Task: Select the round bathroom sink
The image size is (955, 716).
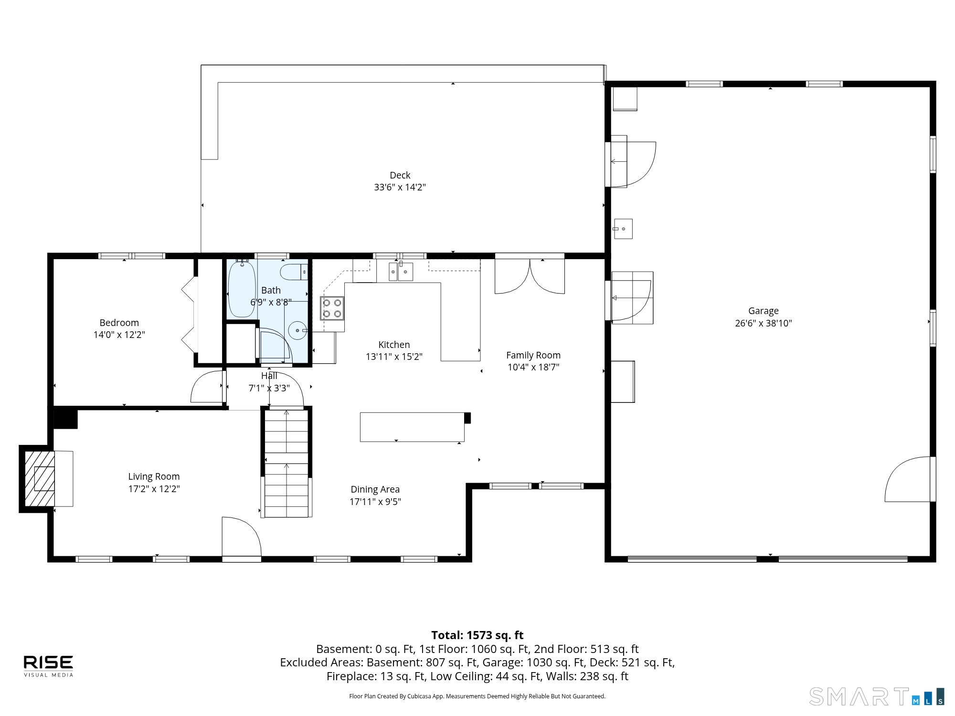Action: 298,330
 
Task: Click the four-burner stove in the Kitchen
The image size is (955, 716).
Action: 332,308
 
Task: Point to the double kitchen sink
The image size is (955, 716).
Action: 401,272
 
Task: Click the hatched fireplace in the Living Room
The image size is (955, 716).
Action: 40,478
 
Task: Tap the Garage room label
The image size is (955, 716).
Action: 763,311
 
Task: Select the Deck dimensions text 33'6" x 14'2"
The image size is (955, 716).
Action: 400,187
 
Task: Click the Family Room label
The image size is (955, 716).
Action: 533,355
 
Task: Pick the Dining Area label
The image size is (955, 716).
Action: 375,489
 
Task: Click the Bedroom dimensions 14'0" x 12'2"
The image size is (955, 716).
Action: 119,335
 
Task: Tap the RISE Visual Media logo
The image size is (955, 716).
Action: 49,666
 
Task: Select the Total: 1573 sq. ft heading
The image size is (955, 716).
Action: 477,635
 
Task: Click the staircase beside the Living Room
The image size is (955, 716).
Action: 286,463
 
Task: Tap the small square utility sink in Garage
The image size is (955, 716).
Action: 623,229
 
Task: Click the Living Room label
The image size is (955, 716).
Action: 154,476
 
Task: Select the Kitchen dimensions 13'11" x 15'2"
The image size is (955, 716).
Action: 394,357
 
